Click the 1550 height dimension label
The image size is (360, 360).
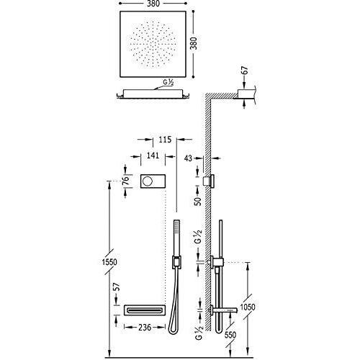pos(109,262)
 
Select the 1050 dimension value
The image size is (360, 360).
pos(248,307)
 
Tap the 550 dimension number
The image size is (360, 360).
pos(230,335)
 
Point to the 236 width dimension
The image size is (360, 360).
pos(145,327)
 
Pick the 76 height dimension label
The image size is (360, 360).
pos(125,180)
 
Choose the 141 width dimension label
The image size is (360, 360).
pos(153,156)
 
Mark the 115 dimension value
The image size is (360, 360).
pos(165,140)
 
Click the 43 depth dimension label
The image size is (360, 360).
pos(189,158)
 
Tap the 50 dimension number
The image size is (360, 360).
pos(198,201)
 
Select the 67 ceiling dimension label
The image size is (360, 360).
pos(245,71)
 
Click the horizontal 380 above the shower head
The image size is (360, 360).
pos(153,4)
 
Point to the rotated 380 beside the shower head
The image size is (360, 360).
pos(194,43)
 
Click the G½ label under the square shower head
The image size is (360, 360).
pos(168,82)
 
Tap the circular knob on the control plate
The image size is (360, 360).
pos(147,181)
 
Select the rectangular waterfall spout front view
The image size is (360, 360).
pos(145,310)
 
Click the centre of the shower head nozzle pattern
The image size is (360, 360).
pos(153,45)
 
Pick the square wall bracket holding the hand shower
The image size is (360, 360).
pos(176,262)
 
